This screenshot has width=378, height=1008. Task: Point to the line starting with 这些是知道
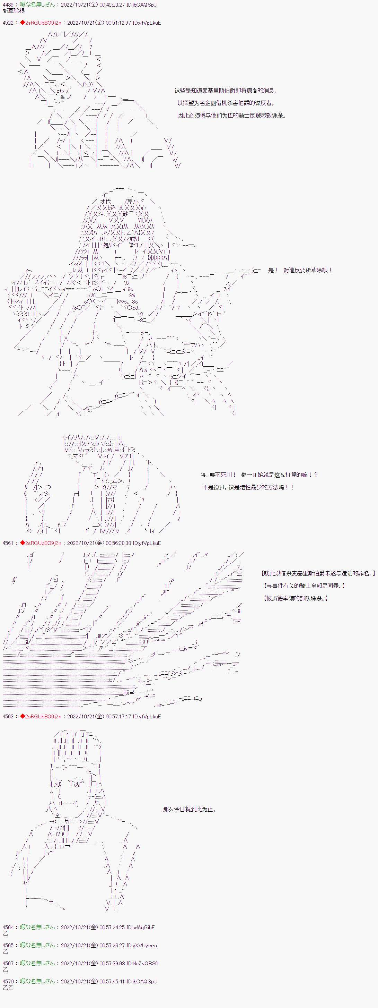(x=225, y=91)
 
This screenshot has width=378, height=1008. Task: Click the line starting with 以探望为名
(x=226, y=103)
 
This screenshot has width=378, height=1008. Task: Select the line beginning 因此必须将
(x=231, y=116)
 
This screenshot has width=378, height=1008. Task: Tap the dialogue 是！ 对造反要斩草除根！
(x=300, y=270)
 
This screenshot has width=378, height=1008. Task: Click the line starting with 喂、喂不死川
(x=259, y=475)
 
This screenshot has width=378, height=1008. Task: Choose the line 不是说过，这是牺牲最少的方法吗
(x=248, y=487)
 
